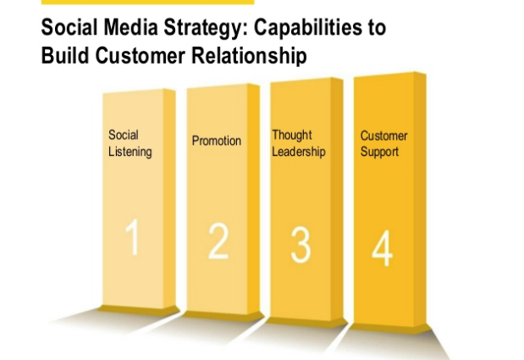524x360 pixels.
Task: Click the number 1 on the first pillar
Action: coord(133,237)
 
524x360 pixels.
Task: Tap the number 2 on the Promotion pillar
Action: coord(218,241)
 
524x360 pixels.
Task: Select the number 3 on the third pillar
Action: coord(301,245)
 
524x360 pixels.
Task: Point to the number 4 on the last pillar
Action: coord(382,248)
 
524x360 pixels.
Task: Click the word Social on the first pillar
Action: coord(124,135)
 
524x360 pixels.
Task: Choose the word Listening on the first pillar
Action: coord(130,152)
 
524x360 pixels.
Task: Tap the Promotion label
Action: coord(217,141)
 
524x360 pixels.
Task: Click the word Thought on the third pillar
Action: coord(292,135)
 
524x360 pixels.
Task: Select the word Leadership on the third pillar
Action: coord(299,152)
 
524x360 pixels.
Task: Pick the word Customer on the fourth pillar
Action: coord(383,136)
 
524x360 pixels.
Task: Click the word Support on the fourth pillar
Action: coord(379,152)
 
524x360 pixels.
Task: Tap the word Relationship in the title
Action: coord(249,56)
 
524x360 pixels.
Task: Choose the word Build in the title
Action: coord(65,55)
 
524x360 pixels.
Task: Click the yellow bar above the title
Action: coord(147,2)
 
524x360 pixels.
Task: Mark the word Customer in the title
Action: coord(141,56)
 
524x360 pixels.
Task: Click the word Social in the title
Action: coord(69,27)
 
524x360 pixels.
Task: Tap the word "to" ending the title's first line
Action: coord(375,28)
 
